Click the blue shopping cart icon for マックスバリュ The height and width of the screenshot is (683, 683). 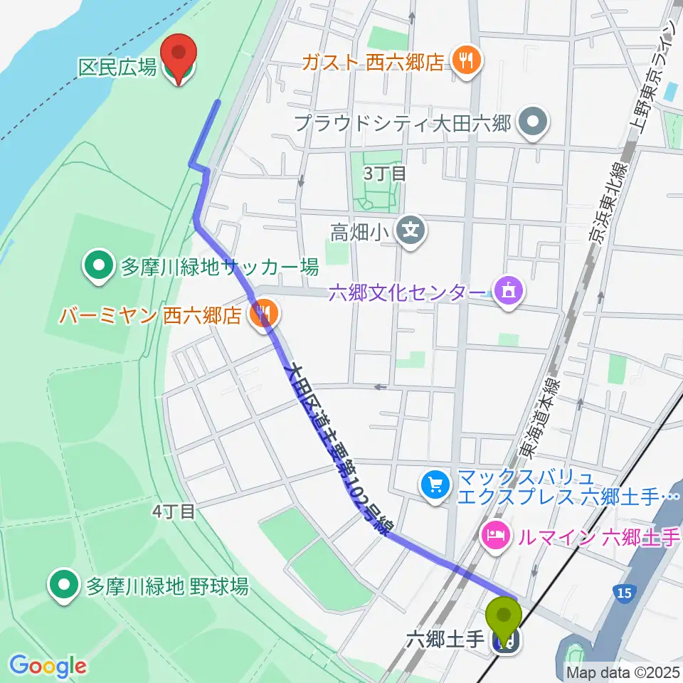point(435,485)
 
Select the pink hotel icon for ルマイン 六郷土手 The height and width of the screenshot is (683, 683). point(496,533)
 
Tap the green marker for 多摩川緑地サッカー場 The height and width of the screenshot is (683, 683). point(98,267)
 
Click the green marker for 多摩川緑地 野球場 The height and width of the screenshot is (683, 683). point(65,586)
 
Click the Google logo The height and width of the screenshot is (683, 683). point(48,666)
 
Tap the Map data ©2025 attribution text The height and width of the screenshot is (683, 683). point(622,671)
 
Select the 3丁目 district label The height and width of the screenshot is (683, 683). point(384,173)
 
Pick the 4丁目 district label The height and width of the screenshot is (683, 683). point(173,511)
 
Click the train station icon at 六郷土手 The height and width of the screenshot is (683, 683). point(505,642)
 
